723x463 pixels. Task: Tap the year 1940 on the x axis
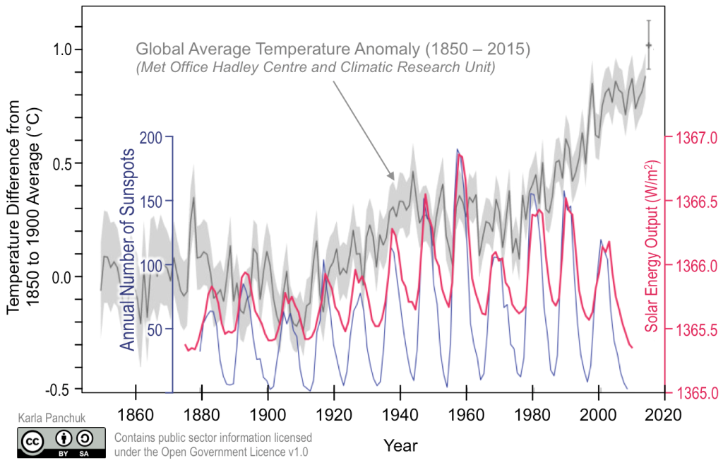[x=400, y=414]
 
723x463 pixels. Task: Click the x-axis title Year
[x=400, y=445]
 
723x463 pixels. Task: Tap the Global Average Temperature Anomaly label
[x=333, y=51]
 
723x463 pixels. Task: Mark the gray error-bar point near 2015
[x=648, y=46]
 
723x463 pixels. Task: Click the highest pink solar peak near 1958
[x=460, y=156]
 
